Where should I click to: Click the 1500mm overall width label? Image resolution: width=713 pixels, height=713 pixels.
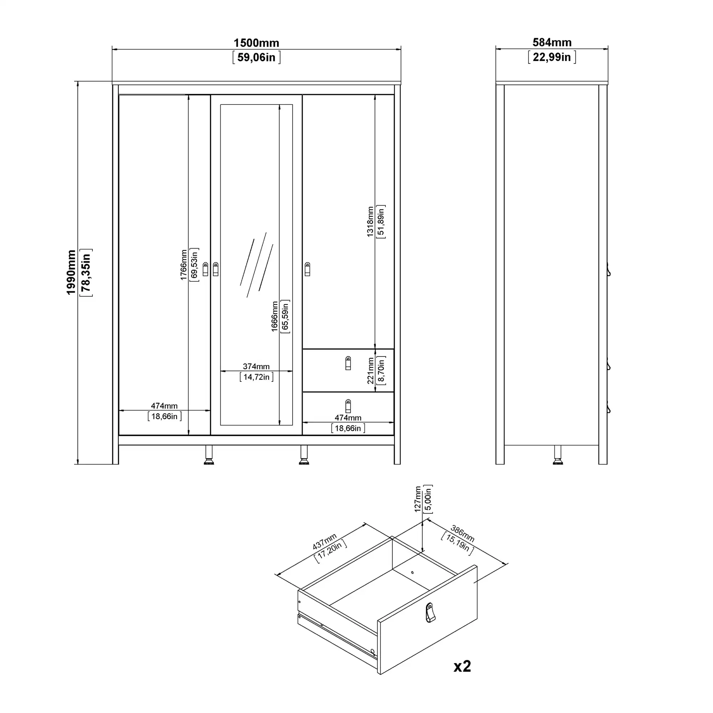point(256,43)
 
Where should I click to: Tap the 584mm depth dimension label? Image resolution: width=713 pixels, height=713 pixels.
point(552,42)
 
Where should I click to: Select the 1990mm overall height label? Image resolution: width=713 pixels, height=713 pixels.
point(71,272)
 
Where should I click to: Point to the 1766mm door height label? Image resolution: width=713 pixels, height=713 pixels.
point(183,265)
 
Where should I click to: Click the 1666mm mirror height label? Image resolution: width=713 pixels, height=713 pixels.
point(275,316)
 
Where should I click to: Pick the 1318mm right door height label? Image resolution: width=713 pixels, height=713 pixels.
point(370,221)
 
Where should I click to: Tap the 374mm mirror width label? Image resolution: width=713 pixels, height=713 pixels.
point(256,366)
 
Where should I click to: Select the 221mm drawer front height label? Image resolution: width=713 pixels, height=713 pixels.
point(371,370)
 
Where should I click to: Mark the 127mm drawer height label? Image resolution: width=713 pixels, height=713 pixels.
point(418,499)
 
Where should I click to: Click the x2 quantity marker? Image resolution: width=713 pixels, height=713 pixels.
point(462,666)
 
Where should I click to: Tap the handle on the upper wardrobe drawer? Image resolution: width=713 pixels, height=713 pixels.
point(348,363)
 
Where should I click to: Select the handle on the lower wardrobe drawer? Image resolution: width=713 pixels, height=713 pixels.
point(348,406)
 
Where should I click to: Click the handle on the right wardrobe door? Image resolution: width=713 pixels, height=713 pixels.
point(307,269)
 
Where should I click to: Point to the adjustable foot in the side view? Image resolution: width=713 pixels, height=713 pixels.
point(558,455)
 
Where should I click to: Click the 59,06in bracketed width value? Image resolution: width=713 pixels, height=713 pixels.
point(256,57)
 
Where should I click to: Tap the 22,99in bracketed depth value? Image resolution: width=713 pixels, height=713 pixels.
point(552,57)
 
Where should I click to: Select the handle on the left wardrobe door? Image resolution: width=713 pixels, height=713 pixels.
point(206,269)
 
